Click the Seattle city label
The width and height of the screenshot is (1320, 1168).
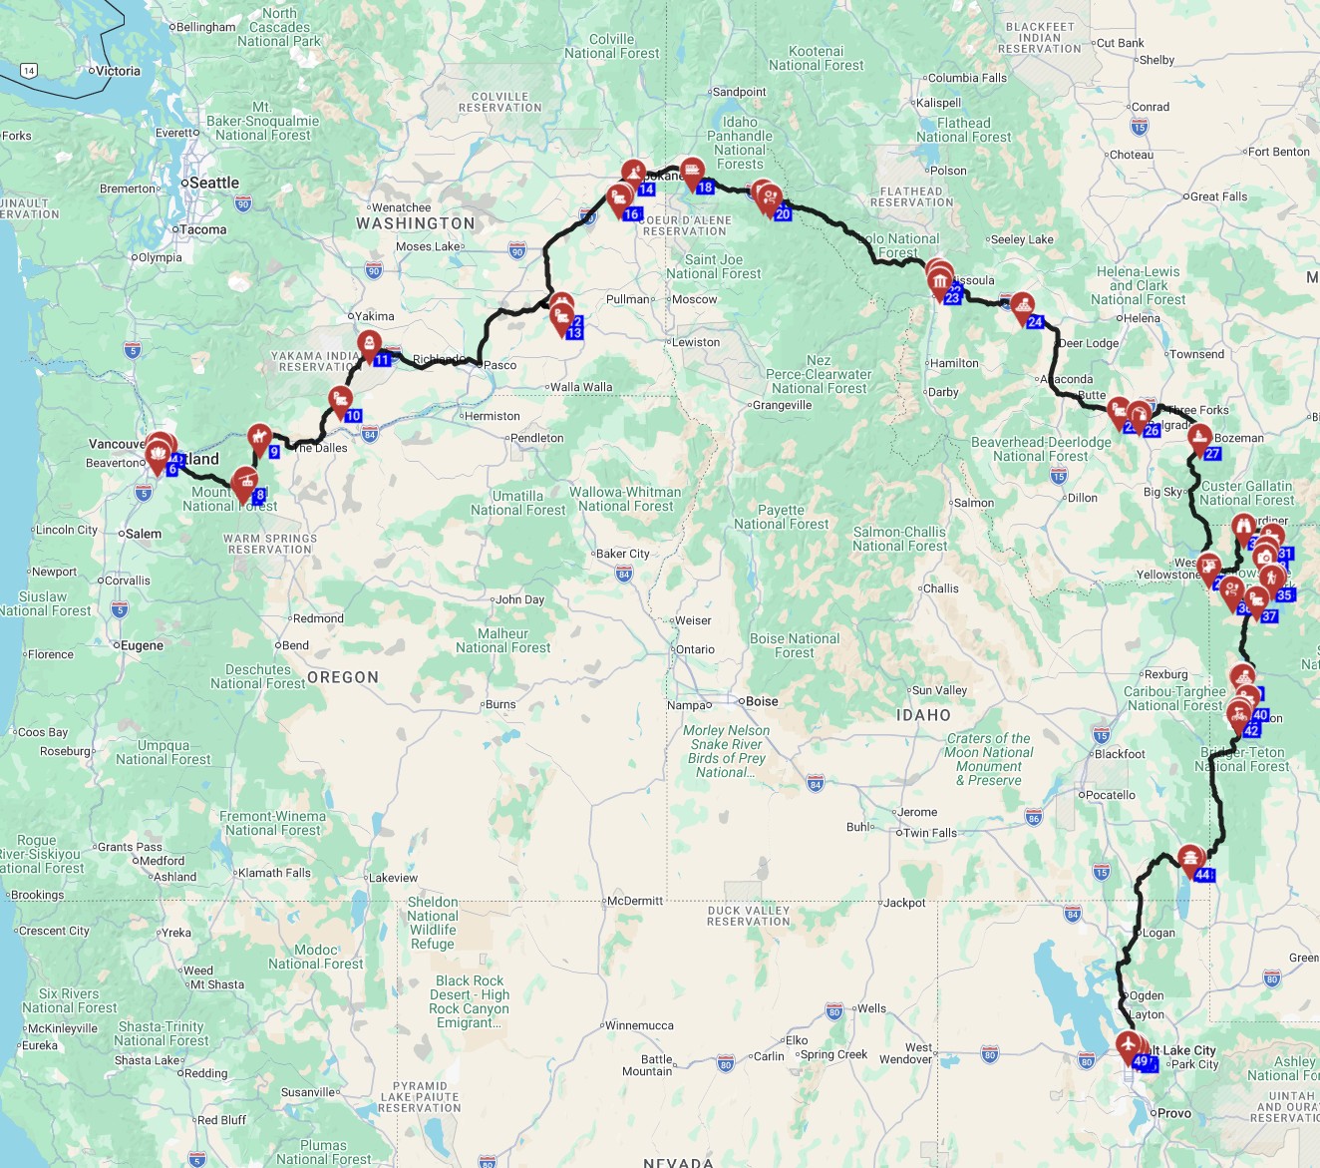[x=213, y=183]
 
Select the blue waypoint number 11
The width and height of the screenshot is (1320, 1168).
[x=382, y=359]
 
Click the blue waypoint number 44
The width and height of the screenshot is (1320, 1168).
[x=1202, y=875]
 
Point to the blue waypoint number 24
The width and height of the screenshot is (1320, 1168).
[x=1035, y=322]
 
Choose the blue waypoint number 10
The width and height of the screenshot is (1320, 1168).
[x=353, y=416]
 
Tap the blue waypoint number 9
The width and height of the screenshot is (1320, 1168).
[x=274, y=452]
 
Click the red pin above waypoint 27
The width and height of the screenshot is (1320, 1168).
[x=1199, y=436]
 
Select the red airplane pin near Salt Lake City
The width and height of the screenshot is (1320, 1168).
[x=1129, y=1046]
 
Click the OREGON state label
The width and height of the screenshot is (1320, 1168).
[x=343, y=677]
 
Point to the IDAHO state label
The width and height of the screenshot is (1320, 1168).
[x=923, y=715]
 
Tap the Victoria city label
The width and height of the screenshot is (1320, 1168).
[x=118, y=71]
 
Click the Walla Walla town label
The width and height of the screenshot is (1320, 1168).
[x=581, y=387]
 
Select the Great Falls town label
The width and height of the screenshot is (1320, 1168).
[x=1219, y=196]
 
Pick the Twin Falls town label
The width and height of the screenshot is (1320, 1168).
[x=929, y=833]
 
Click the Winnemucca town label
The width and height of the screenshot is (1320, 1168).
[x=639, y=1025]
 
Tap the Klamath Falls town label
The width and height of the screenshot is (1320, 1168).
[x=274, y=873]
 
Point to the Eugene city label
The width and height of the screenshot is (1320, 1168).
[x=142, y=645]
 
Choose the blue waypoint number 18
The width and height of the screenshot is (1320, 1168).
[x=705, y=188]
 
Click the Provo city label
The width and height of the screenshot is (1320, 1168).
[x=1173, y=1113]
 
